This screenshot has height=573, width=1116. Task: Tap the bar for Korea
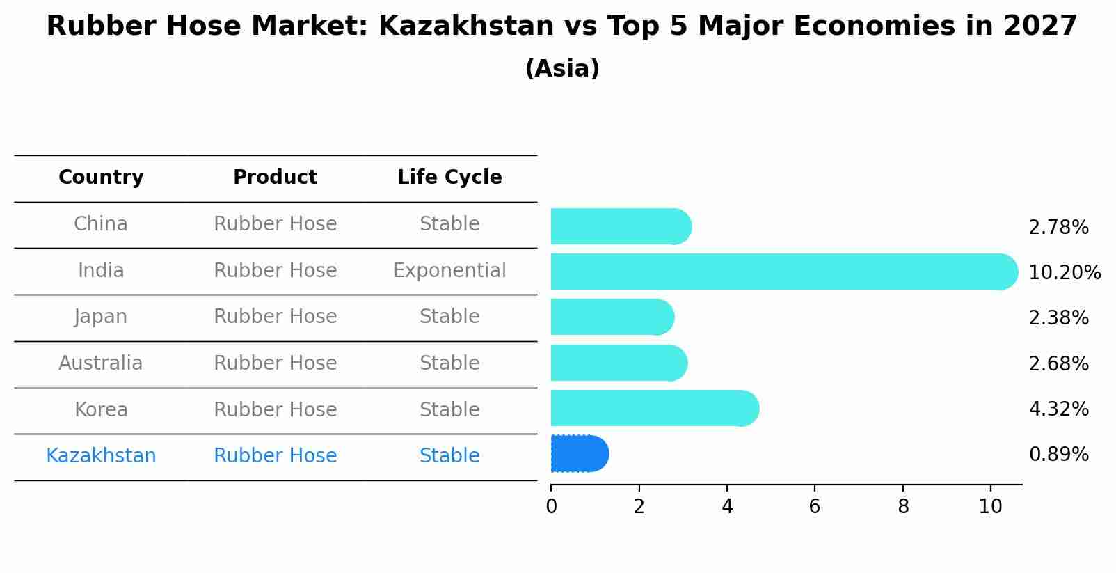pos(654,408)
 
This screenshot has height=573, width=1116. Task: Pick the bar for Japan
pos(612,317)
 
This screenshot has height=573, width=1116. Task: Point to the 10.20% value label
pos(1064,272)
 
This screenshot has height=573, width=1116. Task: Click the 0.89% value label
pos(1058,455)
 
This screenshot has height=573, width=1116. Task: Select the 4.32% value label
pos(1058,409)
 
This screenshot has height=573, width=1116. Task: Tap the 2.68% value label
pos(1058,363)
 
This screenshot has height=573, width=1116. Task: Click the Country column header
pos(101,178)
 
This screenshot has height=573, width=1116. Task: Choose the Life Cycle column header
pos(449,178)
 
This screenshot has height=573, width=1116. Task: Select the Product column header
pos(275,178)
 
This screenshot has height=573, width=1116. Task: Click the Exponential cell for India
pos(449,271)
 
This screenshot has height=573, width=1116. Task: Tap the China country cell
pos(101,224)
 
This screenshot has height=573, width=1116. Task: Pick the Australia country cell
pos(101,363)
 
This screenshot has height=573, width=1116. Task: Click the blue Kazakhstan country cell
pos(101,456)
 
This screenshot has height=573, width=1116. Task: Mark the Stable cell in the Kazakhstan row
pos(449,456)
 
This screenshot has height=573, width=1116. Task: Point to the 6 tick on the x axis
pos(814,507)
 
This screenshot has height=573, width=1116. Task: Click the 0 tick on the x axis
pos(551,507)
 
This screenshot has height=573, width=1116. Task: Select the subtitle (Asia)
pos(562,69)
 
